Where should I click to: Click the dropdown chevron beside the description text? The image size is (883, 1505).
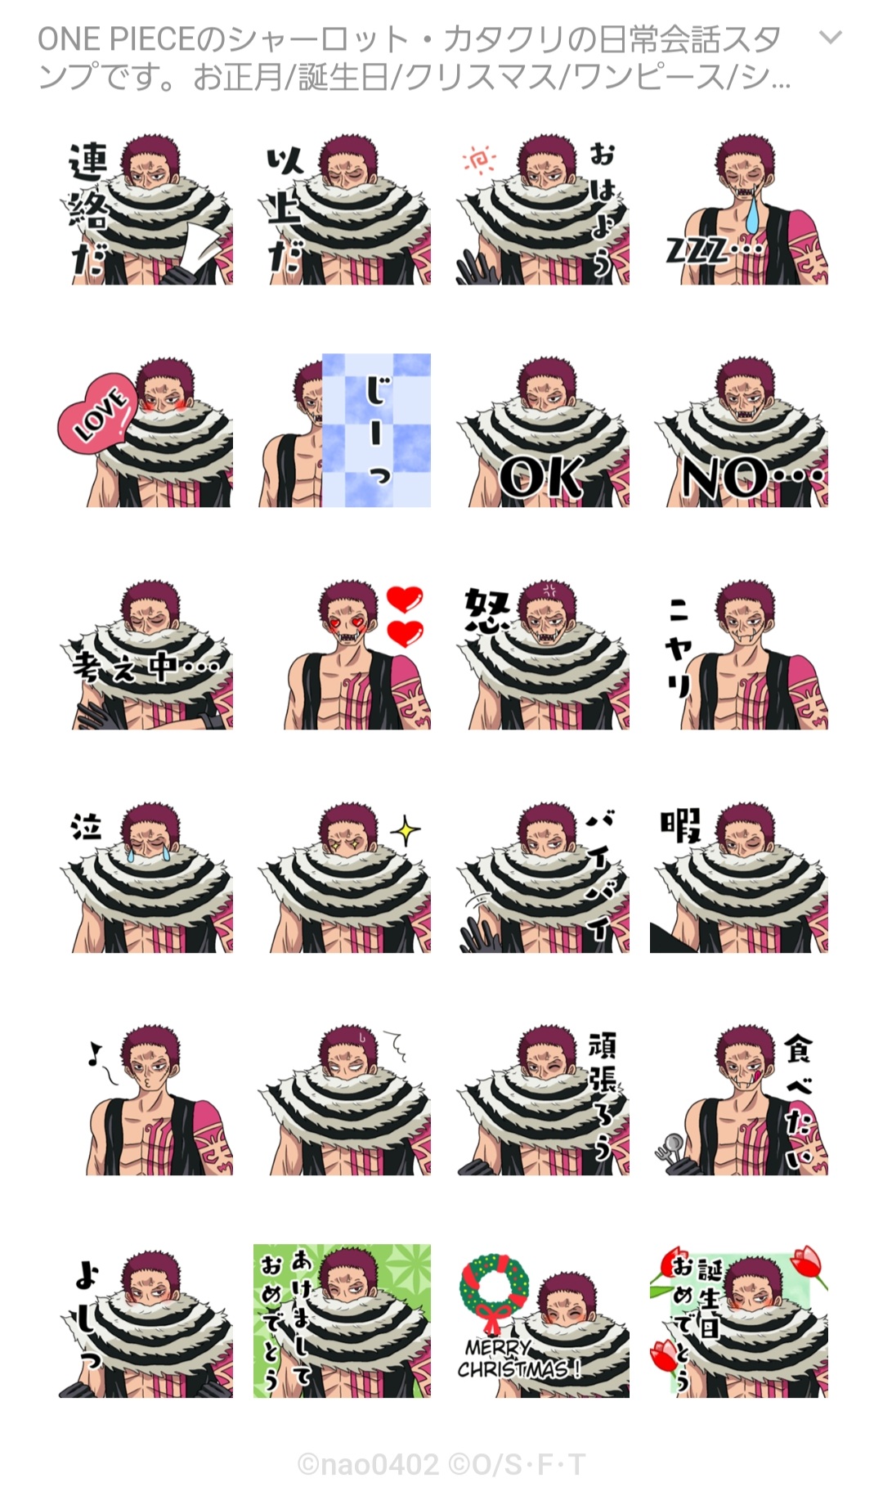coord(831,38)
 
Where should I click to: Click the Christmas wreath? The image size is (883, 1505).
coord(493,1288)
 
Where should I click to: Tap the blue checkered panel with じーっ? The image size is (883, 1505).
coord(376,430)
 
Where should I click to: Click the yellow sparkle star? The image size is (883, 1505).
coord(405,831)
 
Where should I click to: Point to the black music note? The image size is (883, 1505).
coord(95,1054)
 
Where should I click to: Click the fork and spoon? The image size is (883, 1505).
coord(671,1150)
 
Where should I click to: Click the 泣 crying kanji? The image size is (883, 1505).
coord(86,826)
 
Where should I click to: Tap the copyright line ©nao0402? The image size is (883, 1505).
coord(368,1464)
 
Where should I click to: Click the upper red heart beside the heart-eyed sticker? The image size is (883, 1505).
coord(405,599)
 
